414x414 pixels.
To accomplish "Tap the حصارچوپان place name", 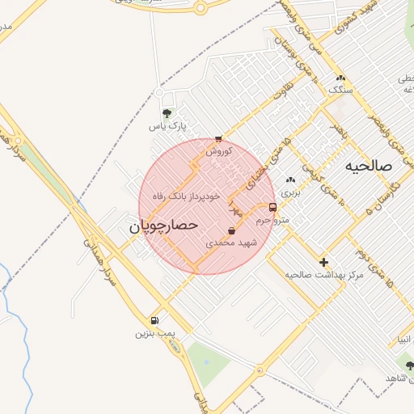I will (164, 227).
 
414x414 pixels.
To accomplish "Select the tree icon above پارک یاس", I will (167, 113).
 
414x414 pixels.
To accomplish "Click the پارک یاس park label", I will (167, 127).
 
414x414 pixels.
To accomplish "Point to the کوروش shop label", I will (219, 150).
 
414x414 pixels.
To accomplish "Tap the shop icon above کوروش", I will (218, 138).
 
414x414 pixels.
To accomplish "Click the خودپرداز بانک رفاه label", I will (187, 196).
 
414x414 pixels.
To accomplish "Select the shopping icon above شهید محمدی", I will (232, 231).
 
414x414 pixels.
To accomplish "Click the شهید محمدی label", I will (231, 243).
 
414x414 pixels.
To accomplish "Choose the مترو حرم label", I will (271, 219).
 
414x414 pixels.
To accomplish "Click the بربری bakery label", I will (289, 193).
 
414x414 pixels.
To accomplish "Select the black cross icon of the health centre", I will (324, 262).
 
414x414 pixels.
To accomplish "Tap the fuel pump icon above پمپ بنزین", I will (154, 320).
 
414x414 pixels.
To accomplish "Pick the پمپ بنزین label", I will (154, 332).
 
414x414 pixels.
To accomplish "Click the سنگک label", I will (341, 90).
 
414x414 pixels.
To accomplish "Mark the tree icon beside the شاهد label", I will (409, 365).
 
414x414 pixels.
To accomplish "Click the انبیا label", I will (405, 339).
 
